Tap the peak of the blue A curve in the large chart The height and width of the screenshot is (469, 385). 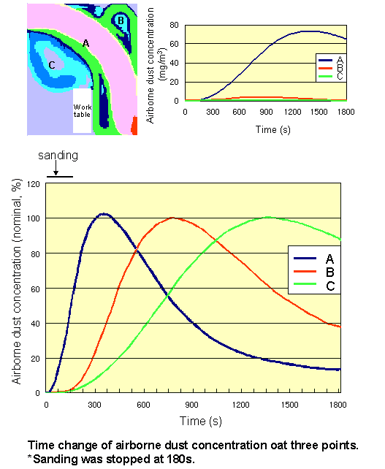pyautogui.click(x=104, y=214)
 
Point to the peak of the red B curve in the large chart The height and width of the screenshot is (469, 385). pyautogui.click(x=173, y=218)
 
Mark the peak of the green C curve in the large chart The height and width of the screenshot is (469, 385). pyautogui.click(x=268, y=217)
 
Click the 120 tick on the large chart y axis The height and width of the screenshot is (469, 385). pyautogui.click(x=32, y=183)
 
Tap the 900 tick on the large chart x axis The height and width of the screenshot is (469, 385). pyautogui.click(x=193, y=404)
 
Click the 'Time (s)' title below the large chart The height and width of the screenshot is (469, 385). pyautogui.click(x=193, y=421)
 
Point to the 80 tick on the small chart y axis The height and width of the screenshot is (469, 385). pyautogui.click(x=175, y=24)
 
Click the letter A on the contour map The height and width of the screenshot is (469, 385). pyautogui.click(x=85, y=44)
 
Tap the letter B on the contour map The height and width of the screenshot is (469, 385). pyautogui.click(x=121, y=20)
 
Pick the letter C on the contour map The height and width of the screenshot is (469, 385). pyautogui.click(x=51, y=65)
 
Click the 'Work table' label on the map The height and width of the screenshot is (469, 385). pyautogui.click(x=82, y=110)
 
